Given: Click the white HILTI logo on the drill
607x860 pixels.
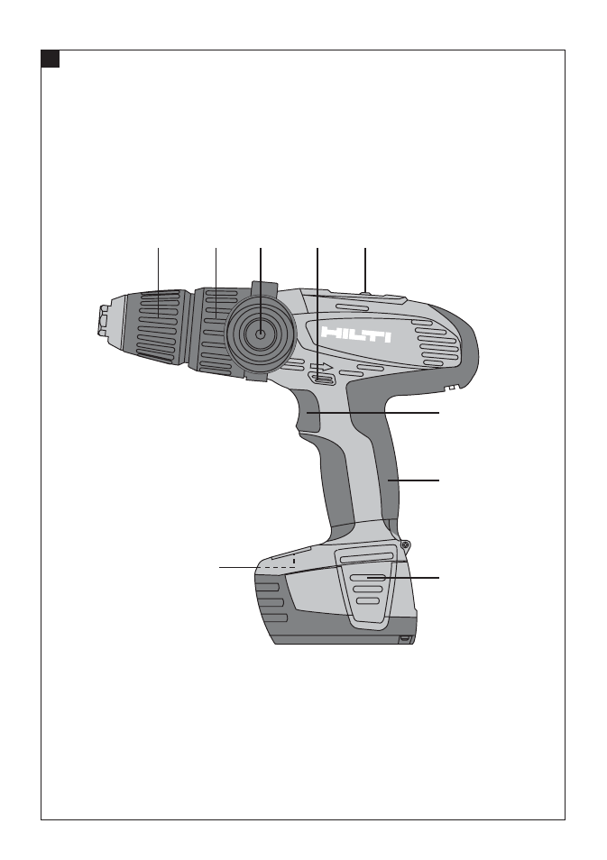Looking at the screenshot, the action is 356,334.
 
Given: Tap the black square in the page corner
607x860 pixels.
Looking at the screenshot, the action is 50,59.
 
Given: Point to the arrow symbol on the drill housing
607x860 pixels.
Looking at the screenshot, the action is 320,367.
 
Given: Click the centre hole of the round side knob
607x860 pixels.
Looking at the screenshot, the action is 261,333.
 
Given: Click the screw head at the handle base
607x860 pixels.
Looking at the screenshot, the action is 406,544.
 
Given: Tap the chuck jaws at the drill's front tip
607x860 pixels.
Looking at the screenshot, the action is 103,320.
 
